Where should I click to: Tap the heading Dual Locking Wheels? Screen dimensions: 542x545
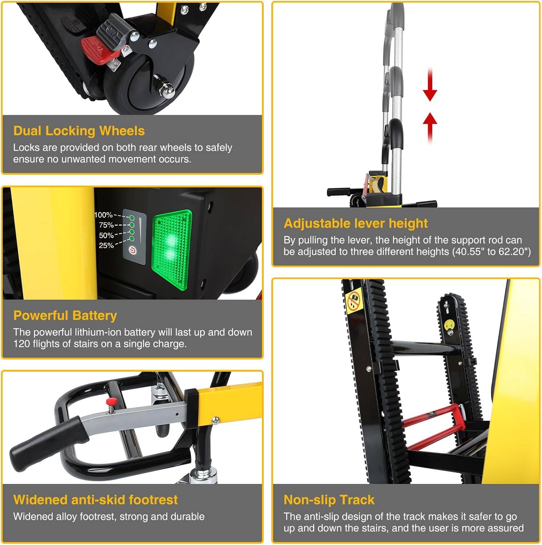pos(79,131)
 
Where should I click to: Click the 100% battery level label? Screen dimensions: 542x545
pos(104,215)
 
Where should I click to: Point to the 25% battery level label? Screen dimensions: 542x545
pos(106,245)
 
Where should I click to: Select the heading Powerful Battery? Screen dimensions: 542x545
pos(65,315)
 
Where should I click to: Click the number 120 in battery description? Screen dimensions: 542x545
pos(21,344)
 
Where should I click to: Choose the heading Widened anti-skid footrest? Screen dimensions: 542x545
pos(96,500)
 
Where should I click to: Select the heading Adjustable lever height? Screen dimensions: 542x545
pos(356,223)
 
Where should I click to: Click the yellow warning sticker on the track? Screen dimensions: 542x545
pos(354,301)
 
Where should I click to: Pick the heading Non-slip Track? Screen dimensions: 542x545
pos(329,500)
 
